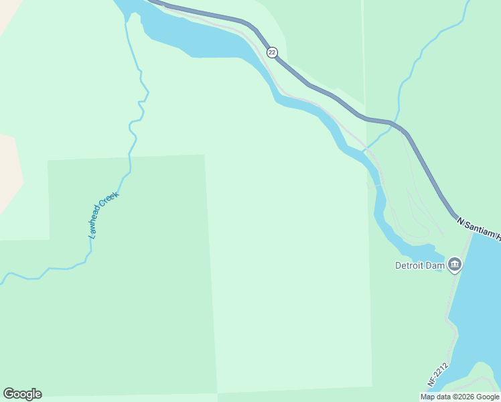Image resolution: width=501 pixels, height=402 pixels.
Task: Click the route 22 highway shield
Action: coord(271,52)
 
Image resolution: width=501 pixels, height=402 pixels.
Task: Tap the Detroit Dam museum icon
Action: coord(455,265)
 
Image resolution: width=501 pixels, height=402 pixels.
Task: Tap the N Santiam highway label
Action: coord(480,228)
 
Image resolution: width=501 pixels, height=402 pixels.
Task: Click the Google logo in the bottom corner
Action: coord(22,394)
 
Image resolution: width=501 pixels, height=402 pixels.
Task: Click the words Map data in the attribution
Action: coord(436,397)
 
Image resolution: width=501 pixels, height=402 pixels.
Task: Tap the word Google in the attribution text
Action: coord(488,397)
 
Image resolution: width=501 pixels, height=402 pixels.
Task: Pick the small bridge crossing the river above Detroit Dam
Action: coord(377,181)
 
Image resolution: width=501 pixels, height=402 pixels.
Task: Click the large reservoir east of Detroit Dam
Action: coord(479,301)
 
